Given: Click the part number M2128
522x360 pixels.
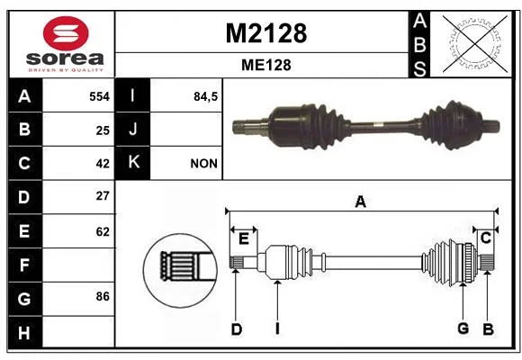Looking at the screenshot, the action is (x=266, y=33).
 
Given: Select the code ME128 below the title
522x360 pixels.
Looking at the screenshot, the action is (x=266, y=65).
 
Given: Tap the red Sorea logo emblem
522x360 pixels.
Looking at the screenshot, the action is (x=66, y=33).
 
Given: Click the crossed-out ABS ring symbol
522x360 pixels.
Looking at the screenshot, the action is (x=475, y=44).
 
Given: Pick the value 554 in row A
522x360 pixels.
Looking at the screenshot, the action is (x=99, y=96).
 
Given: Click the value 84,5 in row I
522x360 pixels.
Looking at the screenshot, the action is (x=205, y=96).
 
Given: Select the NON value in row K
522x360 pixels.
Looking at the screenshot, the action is (x=203, y=164).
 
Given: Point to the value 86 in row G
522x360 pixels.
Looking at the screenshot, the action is (x=103, y=296).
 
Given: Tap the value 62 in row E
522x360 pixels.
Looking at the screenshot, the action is (x=103, y=231).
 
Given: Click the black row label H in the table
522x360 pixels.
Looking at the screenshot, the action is (x=25, y=332).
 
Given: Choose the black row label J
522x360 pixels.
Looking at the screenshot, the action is (x=132, y=130).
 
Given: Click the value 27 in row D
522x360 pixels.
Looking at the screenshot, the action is (x=103, y=196).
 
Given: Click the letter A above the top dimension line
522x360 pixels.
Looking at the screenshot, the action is (x=361, y=202).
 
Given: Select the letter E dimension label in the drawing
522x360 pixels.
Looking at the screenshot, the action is (x=244, y=238).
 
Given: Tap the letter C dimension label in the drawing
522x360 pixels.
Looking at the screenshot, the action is (x=486, y=238).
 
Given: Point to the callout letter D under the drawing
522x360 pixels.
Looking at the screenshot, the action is (x=237, y=329).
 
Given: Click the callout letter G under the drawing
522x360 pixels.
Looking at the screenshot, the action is (x=463, y=328).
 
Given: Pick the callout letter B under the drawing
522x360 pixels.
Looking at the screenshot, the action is (x=488, y=329).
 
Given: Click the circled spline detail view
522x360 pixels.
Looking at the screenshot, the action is (x=180, y=270).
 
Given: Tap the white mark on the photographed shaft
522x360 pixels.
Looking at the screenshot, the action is (x=377, y=125).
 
